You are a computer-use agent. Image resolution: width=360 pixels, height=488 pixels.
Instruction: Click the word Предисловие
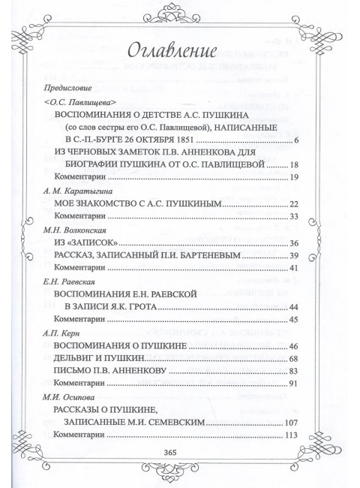[67, 87]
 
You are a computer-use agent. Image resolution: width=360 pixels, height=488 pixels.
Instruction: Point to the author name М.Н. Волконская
[72, 230]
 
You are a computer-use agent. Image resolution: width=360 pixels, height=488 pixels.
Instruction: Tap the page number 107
[292, 423]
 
